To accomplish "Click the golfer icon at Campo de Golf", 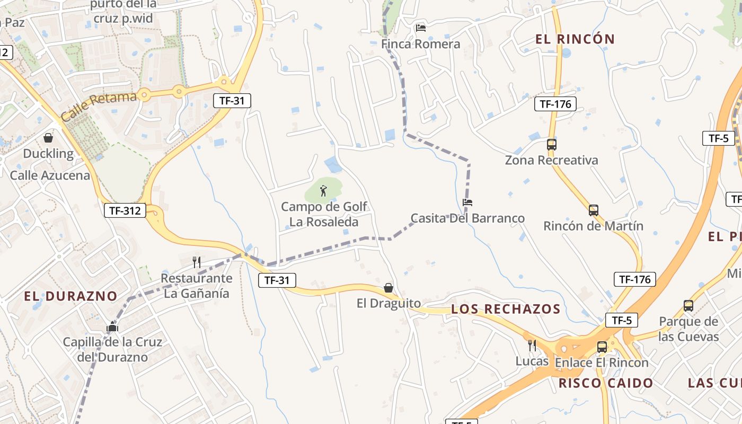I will (x=323, y=190).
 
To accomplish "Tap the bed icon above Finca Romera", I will (x=421, y=28).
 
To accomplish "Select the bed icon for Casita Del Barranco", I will (x=467, y=202).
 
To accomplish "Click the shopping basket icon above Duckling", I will (x=48, y=138).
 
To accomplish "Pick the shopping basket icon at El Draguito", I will (x=388, y=288).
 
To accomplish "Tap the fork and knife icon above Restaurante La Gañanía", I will (x=197, y=262).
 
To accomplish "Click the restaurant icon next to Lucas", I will (x=532, y=346).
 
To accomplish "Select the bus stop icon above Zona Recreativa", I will (x=551, y=144).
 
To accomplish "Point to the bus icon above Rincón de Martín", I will (x=594, y=210).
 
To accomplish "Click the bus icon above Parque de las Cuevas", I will (x=688, y=306).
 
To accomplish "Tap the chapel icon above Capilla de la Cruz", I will (x=112, y=327).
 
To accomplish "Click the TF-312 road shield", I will (x=125, y=210).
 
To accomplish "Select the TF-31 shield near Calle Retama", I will (x=232, y=101).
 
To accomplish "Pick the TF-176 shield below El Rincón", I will (x=555, y=104).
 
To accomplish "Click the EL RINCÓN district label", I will (x=575, y=39).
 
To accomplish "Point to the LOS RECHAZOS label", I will (x=506, y=309).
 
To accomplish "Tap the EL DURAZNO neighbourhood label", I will (x=70, y=296).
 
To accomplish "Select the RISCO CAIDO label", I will (x=606, y=383).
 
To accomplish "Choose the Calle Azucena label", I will (x=50, y=175).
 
